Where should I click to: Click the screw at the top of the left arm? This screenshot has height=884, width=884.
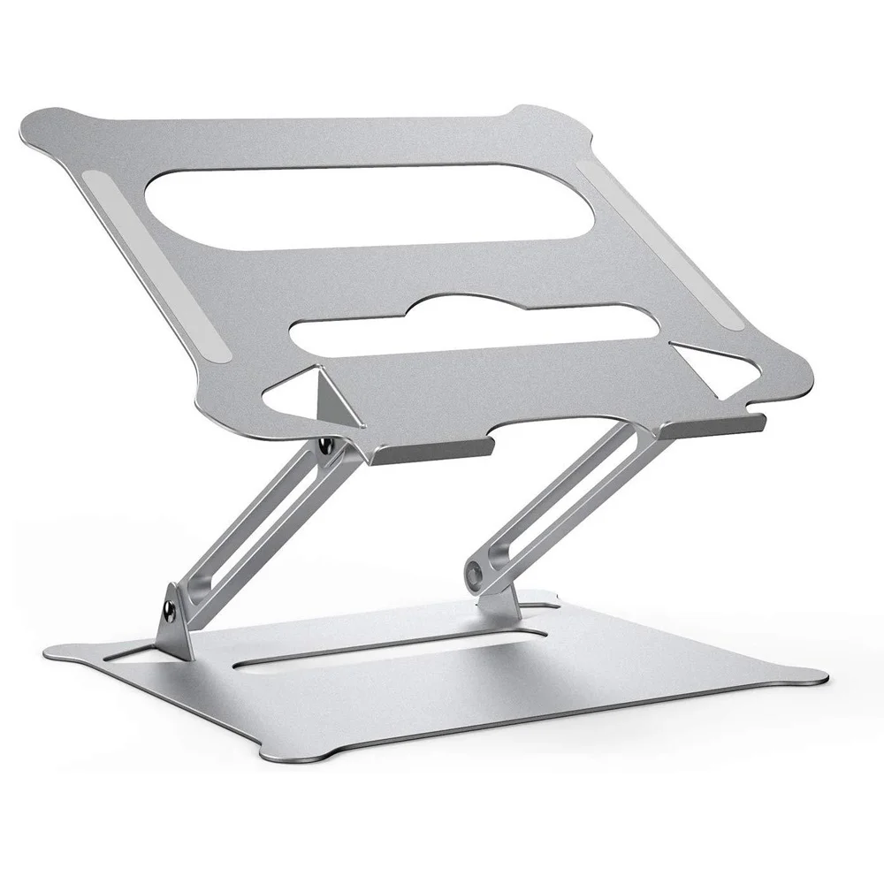[326, 446]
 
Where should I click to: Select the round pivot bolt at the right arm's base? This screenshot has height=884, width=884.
[478, 575]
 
